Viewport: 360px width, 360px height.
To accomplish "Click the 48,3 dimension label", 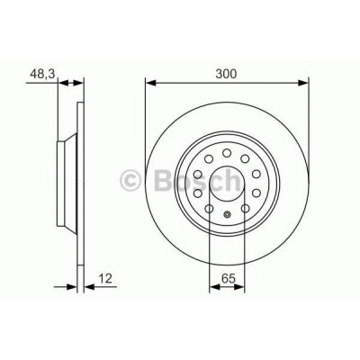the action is coord(42,74).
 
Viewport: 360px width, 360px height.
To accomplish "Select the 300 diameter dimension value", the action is coord(226,74).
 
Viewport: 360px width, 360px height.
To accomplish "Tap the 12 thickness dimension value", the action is coord(105,279).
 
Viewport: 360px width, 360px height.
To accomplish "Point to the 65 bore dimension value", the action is coord(228,279).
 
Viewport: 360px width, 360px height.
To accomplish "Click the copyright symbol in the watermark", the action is coord(130,181).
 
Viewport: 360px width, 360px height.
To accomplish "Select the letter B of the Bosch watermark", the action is coord(164,181).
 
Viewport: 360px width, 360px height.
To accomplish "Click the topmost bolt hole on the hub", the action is coord(227,153).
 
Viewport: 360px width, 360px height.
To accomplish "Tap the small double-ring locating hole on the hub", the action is coord(227,214).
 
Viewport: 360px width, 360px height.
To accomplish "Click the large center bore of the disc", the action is coord(227,184).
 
